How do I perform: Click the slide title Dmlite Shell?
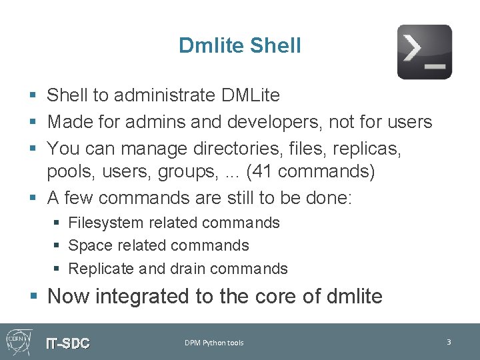coord(240,45)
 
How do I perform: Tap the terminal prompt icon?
coord(424,52)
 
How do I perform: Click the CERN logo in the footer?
coord(17,341)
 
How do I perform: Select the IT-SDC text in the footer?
coord(67,343)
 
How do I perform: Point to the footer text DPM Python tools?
coord(214,343)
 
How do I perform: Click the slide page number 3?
coord(449,342)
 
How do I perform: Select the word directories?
coord(232,147)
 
